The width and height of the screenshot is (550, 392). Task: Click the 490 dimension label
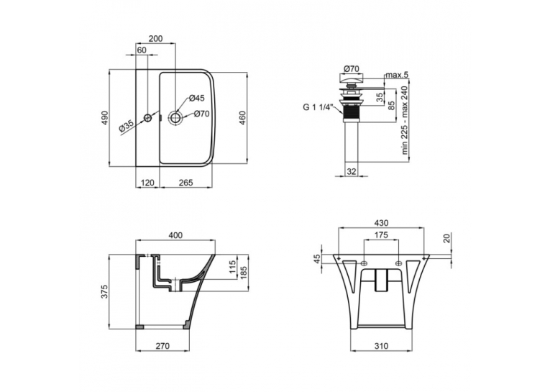105,118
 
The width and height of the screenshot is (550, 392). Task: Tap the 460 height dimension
242,118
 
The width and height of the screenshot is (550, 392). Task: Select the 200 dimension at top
156,39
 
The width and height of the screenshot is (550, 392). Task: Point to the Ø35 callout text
127,126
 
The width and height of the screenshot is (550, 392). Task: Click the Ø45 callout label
197,98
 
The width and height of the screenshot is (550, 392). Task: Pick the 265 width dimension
186,183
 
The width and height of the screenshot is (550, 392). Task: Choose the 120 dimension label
147,183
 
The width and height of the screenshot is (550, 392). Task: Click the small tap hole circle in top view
147,118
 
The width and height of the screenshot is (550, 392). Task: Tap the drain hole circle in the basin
175,117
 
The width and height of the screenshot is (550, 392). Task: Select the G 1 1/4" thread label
317,106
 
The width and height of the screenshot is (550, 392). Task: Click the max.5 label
397,75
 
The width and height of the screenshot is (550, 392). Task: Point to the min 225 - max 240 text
405,120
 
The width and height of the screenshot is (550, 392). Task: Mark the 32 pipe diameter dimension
351,171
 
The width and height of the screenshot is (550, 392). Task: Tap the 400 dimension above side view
175,235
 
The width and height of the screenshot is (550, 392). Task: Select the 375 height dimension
105,291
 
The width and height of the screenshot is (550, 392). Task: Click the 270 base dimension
162,346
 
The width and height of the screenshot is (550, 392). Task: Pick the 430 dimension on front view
381,223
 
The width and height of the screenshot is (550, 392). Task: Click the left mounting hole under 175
364,263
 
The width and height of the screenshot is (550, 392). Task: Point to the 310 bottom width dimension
381,346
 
